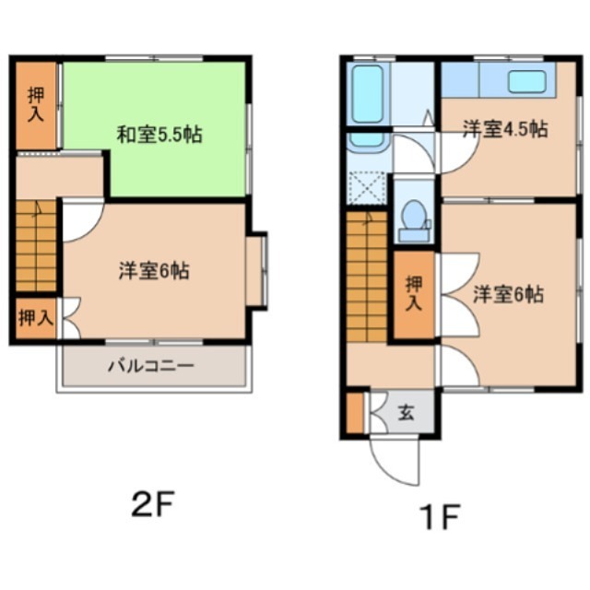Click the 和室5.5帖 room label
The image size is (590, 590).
[x=159, y=135]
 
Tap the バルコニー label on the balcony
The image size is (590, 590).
[x=151, y=365]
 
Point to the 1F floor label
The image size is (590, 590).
[x=441, y=517]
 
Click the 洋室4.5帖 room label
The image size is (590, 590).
[x=505, y=129]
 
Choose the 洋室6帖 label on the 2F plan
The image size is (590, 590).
[x=154, y=270]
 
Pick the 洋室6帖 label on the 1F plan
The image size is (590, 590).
[x=508, y=294]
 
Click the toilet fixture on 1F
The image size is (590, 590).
[x=414, y=221]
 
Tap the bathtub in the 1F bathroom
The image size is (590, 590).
[x=367, y=94]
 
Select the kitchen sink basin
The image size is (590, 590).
[x=526, y=81]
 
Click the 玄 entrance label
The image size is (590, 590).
[x=407, y=412]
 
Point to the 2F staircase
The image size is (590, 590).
[x=36, y=246]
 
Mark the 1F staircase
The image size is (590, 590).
[x=367, y=277]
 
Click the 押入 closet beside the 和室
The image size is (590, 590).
[x=36, y=105]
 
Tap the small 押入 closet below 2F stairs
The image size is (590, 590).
[x=36, y=318]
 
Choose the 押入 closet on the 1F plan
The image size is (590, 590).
[x=414, y=294]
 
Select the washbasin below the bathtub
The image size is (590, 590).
[x=367, y=141]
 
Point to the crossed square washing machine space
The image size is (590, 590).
[x=367, y=188]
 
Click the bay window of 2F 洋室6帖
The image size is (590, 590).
[x=257, y=270]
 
